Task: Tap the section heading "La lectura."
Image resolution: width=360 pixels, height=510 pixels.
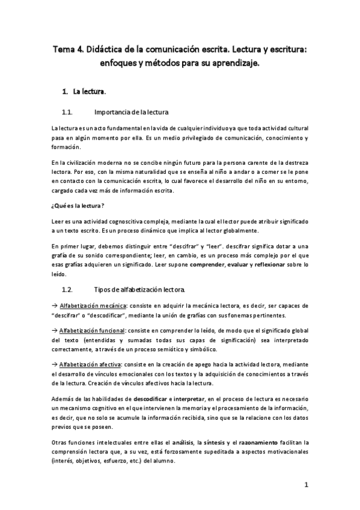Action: point(90,92)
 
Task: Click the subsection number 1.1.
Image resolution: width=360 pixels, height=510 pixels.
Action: point(67,112)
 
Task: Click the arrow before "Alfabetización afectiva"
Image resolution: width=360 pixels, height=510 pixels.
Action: point(54,364)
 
